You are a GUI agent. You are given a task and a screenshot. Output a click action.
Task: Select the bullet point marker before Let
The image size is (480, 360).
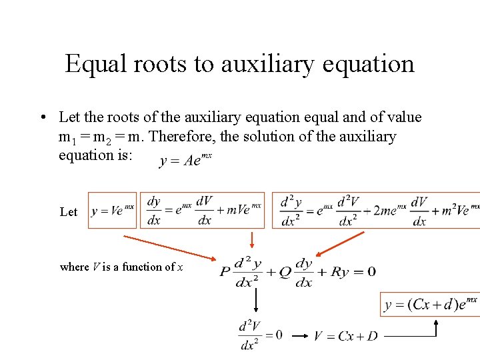tap(42, 118)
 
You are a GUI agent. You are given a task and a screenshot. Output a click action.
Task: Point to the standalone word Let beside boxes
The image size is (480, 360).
tap(69, 212)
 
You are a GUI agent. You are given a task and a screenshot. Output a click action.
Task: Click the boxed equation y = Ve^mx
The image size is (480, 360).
tap(112, 210)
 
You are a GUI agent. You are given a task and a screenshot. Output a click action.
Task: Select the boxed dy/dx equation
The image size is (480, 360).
tap(203, 210)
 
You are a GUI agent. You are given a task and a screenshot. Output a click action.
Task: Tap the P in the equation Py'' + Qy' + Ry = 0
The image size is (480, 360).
tap(225, 272)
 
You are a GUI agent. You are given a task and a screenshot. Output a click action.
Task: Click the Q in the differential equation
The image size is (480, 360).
tap(285, 272)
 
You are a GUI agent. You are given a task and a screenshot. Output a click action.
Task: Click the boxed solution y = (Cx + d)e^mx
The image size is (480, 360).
tap(430, 305)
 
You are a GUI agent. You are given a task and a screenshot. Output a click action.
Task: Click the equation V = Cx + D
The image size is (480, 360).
tap(345, 336)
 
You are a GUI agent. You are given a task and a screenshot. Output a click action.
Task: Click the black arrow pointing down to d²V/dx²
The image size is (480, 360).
tap(255, 303)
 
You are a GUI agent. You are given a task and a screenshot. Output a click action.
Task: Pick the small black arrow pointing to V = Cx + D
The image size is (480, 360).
tap(300, 336)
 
